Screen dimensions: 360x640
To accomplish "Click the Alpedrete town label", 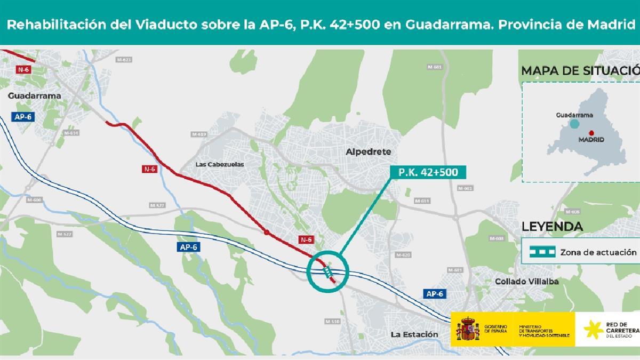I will coord(368,151).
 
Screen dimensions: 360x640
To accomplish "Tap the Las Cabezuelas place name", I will coord(220,164).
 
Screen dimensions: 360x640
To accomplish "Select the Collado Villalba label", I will coord(527,281).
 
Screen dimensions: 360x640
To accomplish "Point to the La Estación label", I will coord(414,334).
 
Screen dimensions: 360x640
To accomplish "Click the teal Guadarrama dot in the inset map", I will coord(574,124).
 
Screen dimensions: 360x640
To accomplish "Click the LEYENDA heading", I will coord(552,226).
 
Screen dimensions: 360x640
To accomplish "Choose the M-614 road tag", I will coord(71,133).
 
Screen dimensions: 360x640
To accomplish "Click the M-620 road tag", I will coord(405,255).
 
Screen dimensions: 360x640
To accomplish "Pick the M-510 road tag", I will coord(332,321).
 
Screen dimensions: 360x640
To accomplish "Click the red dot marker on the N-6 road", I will coord(266,233).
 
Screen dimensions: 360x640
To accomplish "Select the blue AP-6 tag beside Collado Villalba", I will coord(435,293).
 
